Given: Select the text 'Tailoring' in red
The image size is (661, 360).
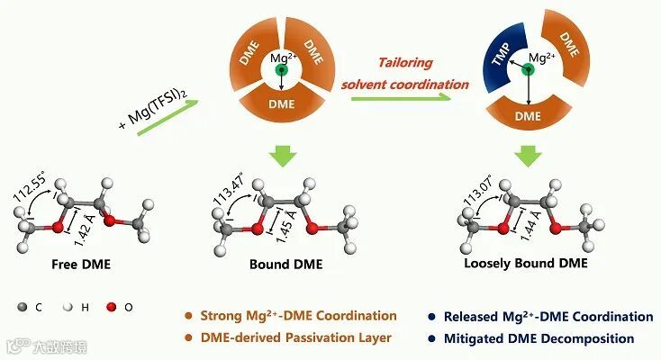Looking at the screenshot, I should coord(404,63).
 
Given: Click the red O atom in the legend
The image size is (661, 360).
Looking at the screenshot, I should coord(113,307).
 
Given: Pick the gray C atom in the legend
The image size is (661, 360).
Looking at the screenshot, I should coord(22,307).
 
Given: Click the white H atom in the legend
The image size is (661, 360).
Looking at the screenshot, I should coord(68,307).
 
